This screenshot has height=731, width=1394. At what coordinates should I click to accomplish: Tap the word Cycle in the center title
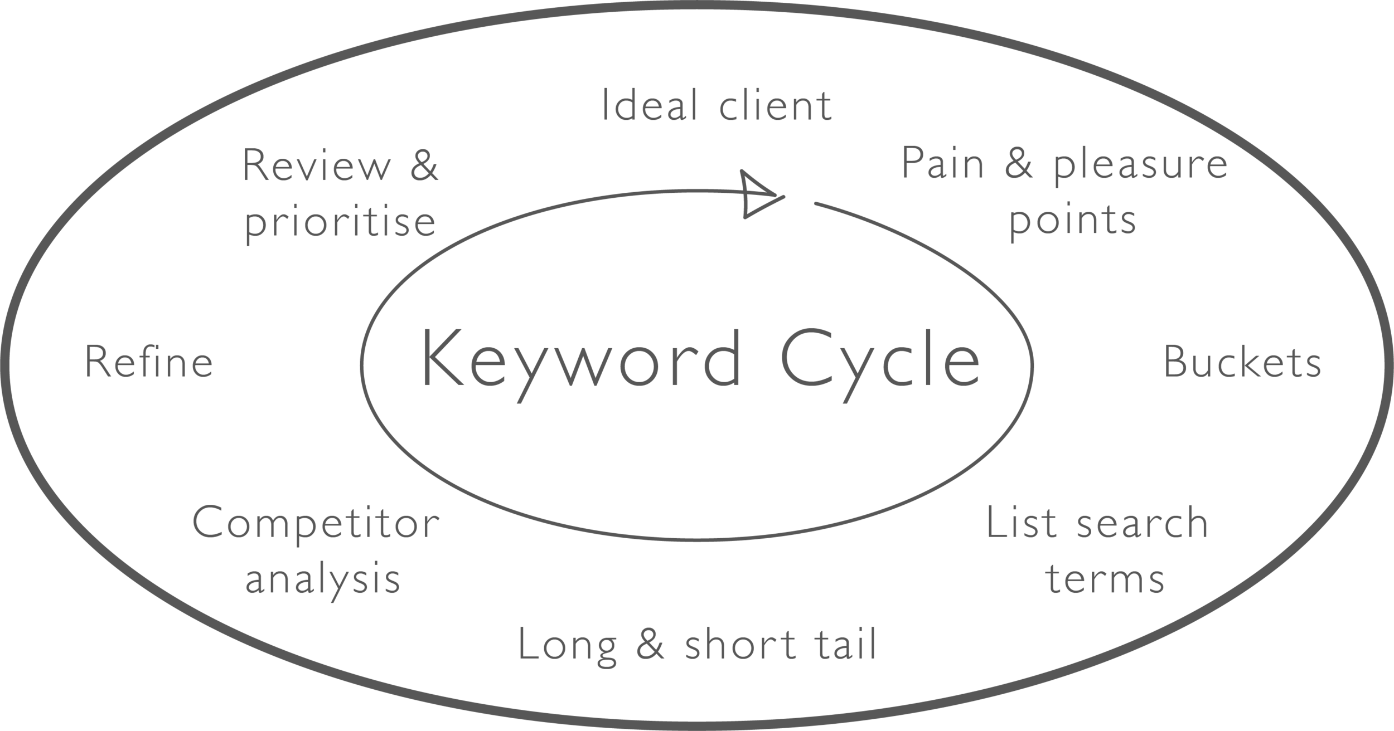tap(880, 359)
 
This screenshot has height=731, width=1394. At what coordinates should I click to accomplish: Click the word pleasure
tap(1140, 165)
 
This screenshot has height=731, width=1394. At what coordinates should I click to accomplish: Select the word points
tap(1073, 221)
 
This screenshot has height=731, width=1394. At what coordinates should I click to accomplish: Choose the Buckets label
tap(1242, 362)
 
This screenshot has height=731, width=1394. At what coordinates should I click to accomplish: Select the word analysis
tap(323, 580)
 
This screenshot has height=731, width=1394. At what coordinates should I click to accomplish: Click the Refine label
tap(149, 362)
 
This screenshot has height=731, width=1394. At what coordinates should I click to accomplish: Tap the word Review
tap(316, 165)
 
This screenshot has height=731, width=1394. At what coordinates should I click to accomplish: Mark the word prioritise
tap(340, 222)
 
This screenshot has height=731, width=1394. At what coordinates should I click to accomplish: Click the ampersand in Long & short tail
tap(650, 644)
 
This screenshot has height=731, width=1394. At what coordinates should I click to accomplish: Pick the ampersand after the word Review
tap(424, 165)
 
